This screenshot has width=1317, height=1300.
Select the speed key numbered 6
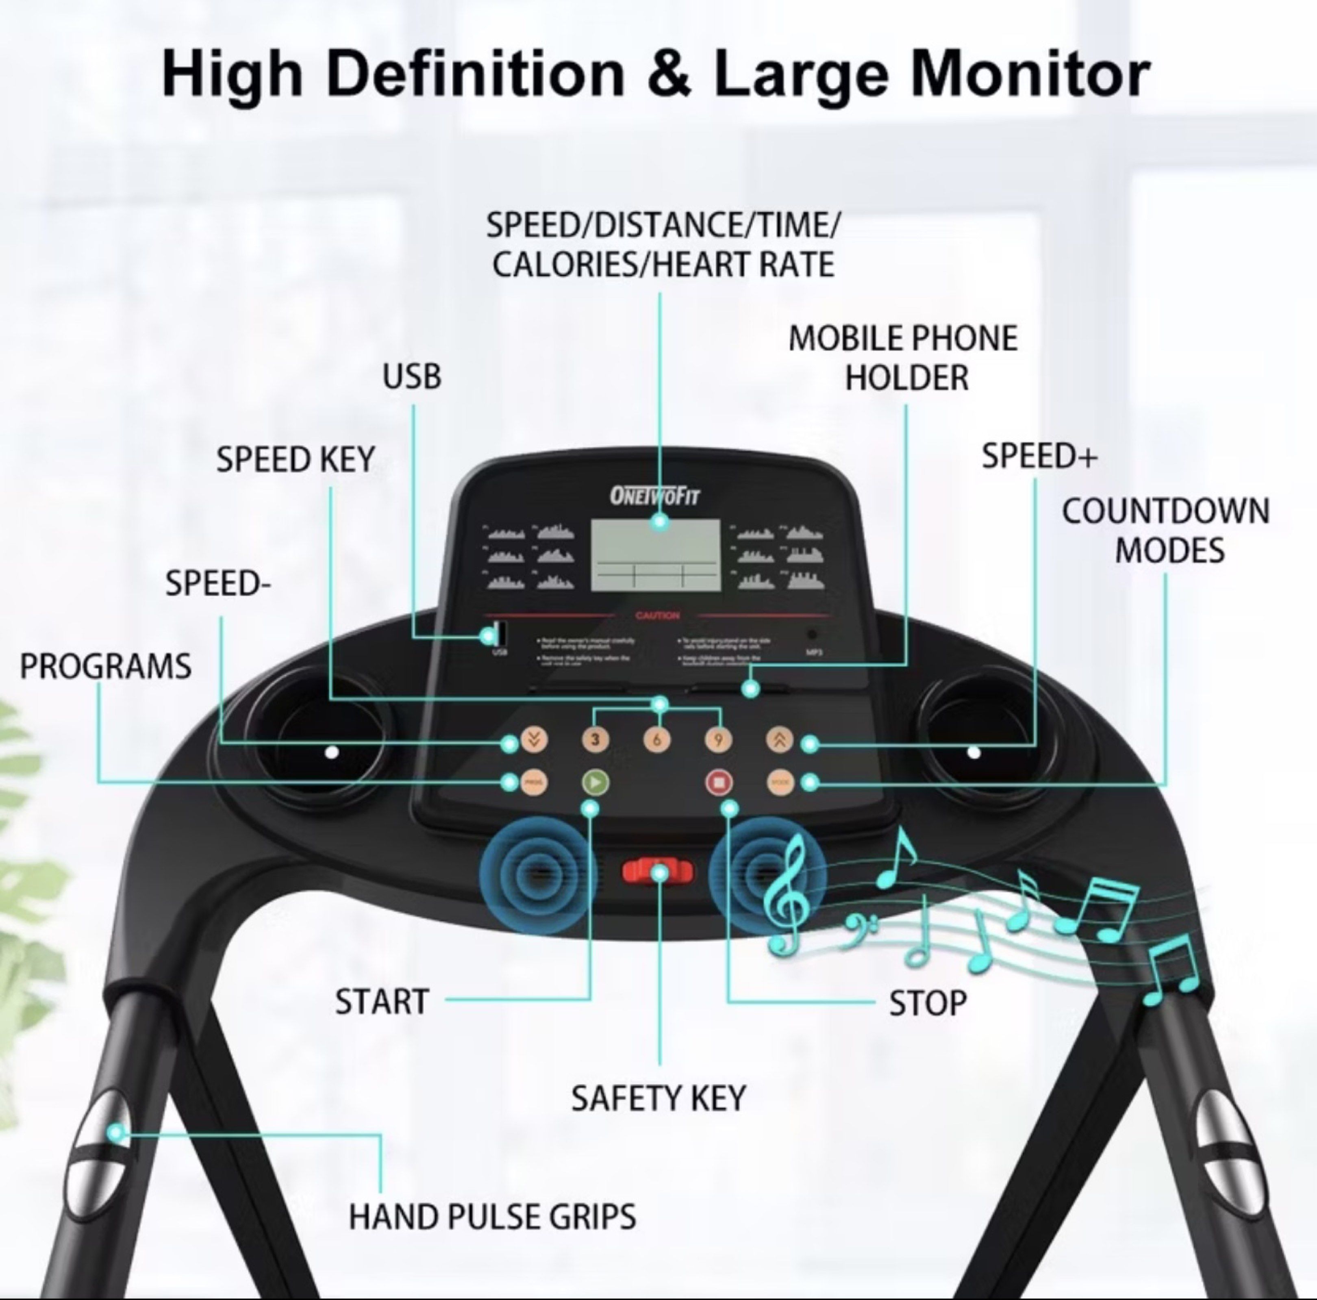657,740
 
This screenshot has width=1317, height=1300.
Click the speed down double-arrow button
534,740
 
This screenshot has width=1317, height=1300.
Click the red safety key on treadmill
657,871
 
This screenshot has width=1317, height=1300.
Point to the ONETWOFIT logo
654,496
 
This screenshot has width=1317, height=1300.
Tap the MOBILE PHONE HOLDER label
904,358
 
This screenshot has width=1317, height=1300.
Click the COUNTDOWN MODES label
1166,530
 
